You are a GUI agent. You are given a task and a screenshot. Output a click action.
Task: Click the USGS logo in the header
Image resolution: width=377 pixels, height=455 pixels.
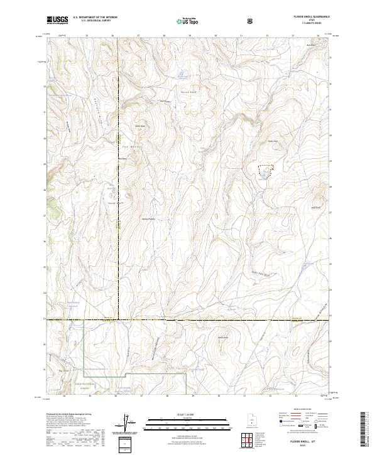click(x=57, y=20)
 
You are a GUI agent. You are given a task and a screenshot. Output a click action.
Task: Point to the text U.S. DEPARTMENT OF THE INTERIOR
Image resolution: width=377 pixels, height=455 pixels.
click(x=95, y=18)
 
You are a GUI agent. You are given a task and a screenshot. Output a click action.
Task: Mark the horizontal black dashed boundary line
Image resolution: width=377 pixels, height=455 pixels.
click(x=188, y=320)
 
